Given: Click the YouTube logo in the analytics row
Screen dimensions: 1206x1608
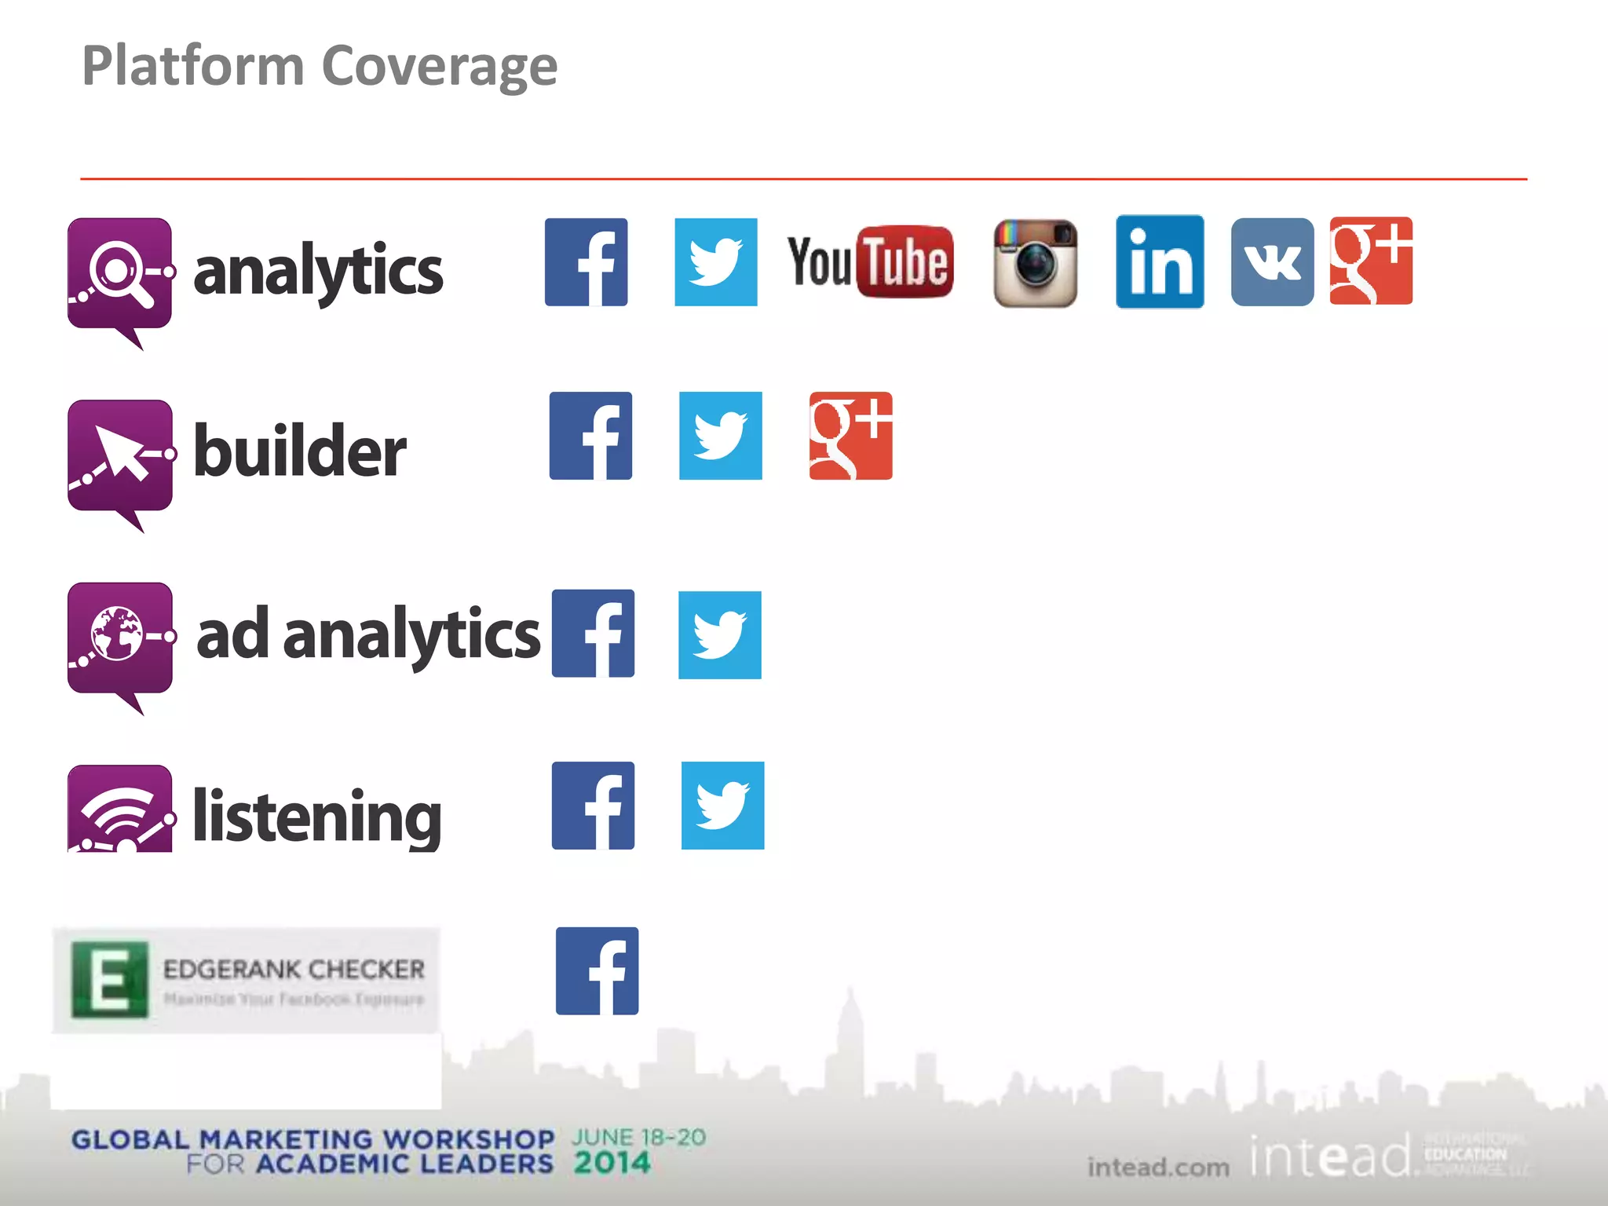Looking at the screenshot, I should [x=870, y=262].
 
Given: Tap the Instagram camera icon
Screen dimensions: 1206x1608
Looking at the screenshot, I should [x=1036, y=263].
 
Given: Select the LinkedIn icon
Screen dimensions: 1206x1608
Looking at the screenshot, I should [x=1160, y=262].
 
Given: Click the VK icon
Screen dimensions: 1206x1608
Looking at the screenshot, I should [x=1272, y=262].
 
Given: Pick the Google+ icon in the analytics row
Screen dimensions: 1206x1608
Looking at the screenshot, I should [x=1371, y=261].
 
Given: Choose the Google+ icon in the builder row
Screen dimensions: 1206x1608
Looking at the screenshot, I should [x=850, y=436].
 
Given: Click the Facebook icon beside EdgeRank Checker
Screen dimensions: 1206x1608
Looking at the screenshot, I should [x=597, y=971].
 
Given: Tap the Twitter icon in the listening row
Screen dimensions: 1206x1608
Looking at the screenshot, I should [x=722, y=806].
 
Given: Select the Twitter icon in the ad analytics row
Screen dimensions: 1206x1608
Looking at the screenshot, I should [x=720, y=635].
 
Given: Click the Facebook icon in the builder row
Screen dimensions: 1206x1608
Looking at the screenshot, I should [x=590, y=436].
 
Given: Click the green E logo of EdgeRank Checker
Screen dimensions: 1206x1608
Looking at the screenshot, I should [x=109, y=980].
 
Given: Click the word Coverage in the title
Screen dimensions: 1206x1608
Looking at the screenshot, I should [x=440, y=66].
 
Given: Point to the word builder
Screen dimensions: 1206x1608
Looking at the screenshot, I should [x=300, y=451].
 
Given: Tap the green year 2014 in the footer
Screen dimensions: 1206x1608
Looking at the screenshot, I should [x=612, y=1163].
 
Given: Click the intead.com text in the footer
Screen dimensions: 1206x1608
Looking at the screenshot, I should [x=1158, y=1168].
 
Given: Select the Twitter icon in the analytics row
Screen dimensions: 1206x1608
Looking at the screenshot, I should [x=716, y=262].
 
